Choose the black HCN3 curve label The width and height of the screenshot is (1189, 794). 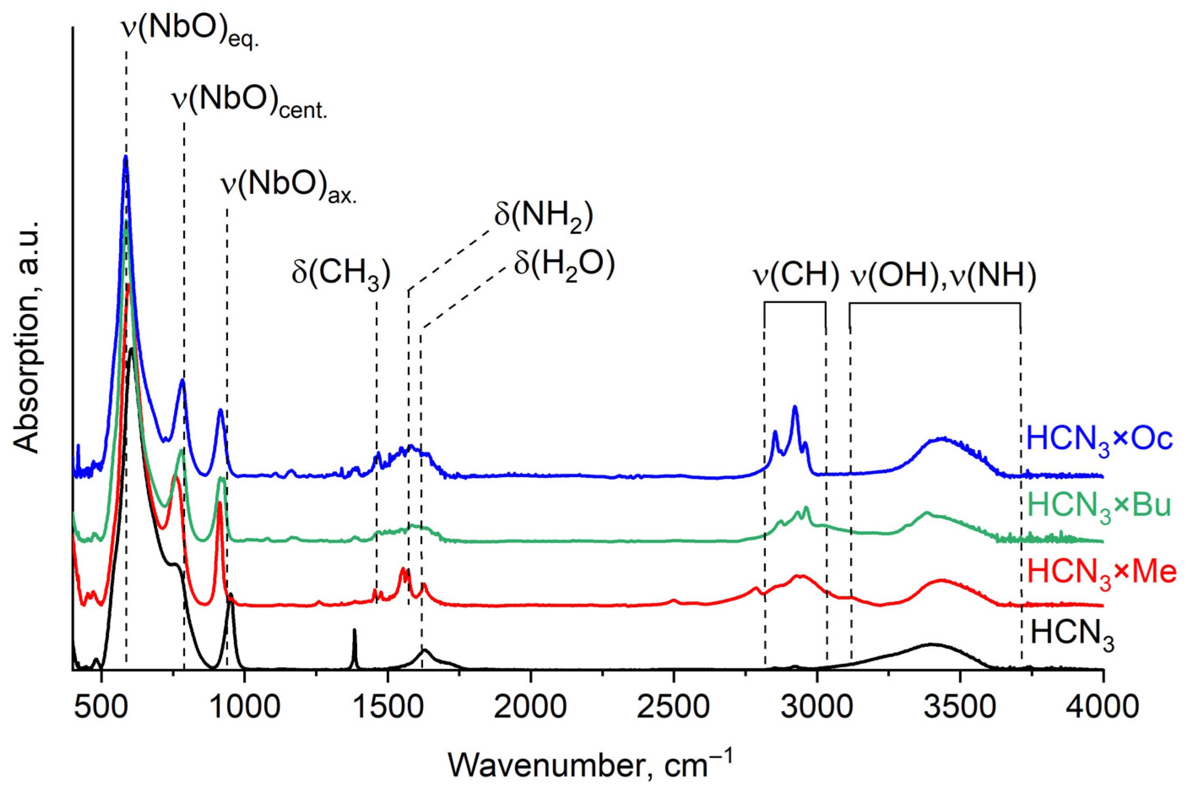coord(1072,634)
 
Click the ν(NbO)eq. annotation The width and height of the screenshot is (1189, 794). coord(190,31)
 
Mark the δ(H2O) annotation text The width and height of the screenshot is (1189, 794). coord(564,265)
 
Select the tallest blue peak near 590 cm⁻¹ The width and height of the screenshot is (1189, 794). coord(125,158)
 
